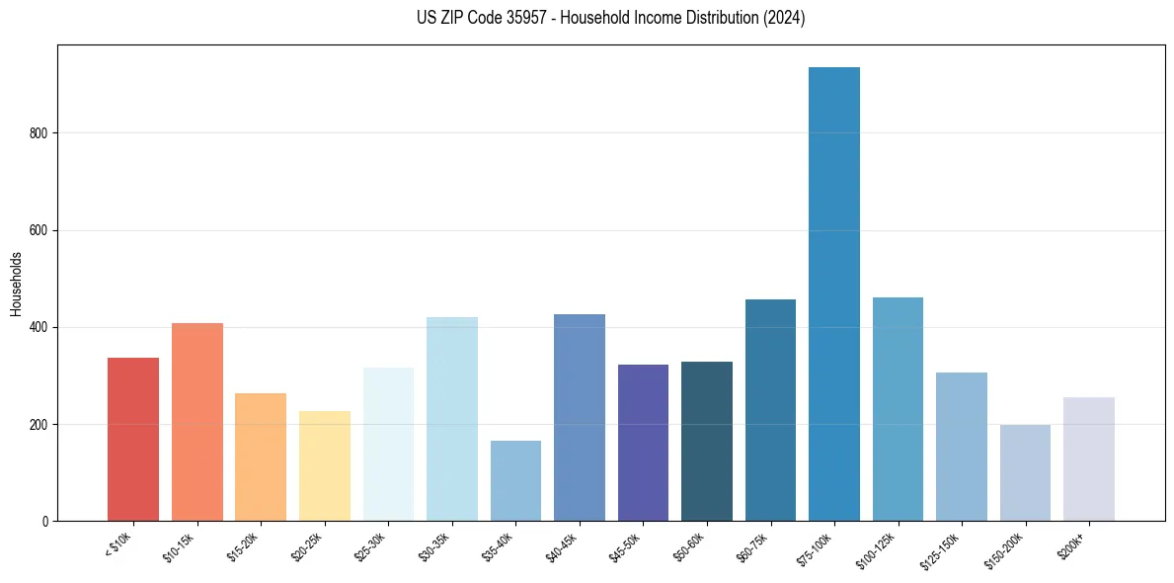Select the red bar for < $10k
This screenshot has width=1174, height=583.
[x=133, y=440]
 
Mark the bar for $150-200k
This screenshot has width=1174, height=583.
[x=1025, y=473]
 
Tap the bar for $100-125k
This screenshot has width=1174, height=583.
[x=898, y=409]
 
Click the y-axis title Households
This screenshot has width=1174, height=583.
[x=17, y=284]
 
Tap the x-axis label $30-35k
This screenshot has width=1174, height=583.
[x=435, y=546]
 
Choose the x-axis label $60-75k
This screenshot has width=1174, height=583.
[x=754, y=546]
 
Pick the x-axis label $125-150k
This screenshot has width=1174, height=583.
[x=943, y=549]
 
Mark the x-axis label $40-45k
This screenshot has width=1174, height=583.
[x=563, y=546]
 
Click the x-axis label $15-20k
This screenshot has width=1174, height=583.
[x=244, y=546]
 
